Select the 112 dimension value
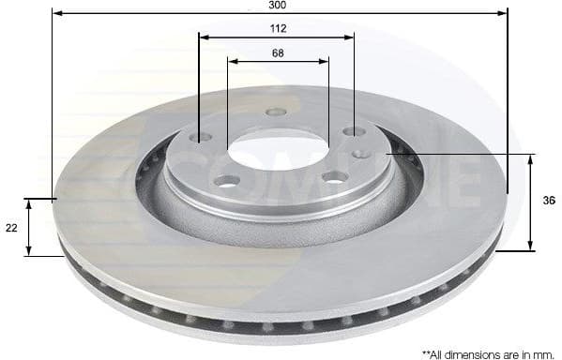pyautogui.click(x=277, y=29)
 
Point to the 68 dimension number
pyautogui.click(x=278, y=52)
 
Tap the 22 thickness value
pyautogui.click(x=10, y=226)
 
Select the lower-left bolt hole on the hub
pyautogui.click(x=226, y=180)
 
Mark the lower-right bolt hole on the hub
pyautogui.click(x=335, y=176)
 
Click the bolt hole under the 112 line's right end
pyautogui.click(x=353, y=132)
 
